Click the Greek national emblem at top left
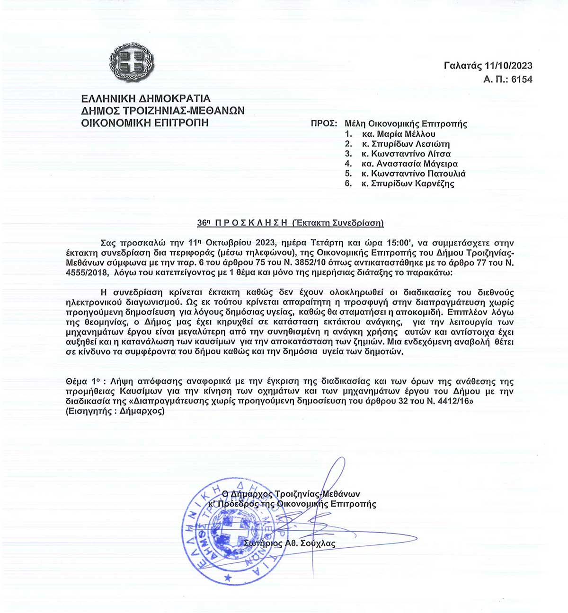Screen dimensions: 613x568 pos(132,62)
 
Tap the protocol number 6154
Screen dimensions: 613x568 pos(522,79)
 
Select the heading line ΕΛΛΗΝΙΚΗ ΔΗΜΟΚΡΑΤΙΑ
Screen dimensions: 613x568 pos(146,99)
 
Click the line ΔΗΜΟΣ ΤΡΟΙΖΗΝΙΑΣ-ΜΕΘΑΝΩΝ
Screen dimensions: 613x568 pos(163,111)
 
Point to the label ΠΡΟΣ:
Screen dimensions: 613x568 pos(324,124)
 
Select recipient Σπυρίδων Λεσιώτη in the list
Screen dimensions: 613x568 pos(410,144)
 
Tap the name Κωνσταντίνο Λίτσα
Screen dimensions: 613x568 pos(411,154)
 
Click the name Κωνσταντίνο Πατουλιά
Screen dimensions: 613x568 pos(418,174)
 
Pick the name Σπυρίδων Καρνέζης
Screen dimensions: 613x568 pos(412,184)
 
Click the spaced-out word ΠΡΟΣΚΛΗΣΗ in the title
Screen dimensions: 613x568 pos(251,223)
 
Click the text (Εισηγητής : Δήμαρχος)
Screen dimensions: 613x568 pos(115,411)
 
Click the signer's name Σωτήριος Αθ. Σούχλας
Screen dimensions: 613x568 pos(290,543)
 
